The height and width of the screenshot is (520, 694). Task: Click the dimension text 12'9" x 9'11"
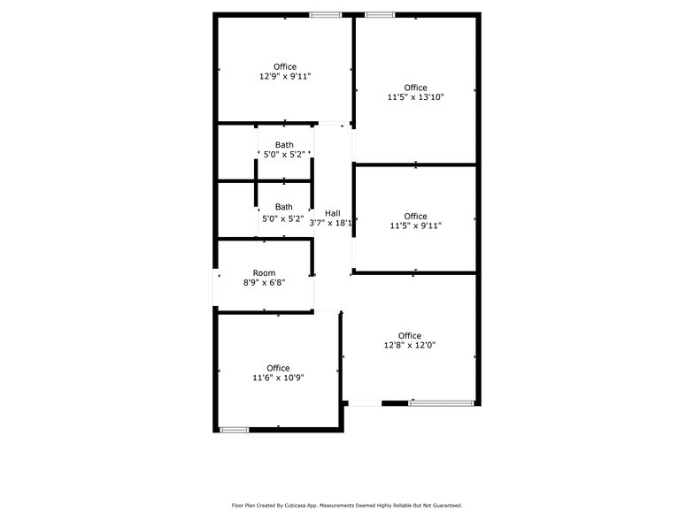[285, 77]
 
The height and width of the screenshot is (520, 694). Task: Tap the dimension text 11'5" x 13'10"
[415, 97]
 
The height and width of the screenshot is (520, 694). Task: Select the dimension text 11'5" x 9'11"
[415, 226]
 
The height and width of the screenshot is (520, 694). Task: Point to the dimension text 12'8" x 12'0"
[409, 345]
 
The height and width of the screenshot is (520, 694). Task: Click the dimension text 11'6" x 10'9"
[278, 378]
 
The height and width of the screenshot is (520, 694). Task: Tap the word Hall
[332, 213]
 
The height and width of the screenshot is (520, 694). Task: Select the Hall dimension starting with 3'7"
[330, 223]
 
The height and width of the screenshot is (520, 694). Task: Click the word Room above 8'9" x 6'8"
[264, 273]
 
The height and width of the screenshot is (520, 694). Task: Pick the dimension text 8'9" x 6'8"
[264, 283]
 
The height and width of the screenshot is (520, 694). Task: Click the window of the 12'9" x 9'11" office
[326, 15]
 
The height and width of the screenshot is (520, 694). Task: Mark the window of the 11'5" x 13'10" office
[380, 15]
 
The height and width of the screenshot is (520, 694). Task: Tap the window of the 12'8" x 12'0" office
[441, 403]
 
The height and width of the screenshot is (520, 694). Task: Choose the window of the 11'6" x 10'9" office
[234, 430]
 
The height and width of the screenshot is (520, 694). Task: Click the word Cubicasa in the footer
[309, 506]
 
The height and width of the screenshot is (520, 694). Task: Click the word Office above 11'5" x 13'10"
[415, 88]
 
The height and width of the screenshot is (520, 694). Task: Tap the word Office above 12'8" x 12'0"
[409, 335]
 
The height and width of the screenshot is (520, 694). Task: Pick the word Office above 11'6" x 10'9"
[278, 368]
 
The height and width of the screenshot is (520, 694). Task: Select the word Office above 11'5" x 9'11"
[415, 216]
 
